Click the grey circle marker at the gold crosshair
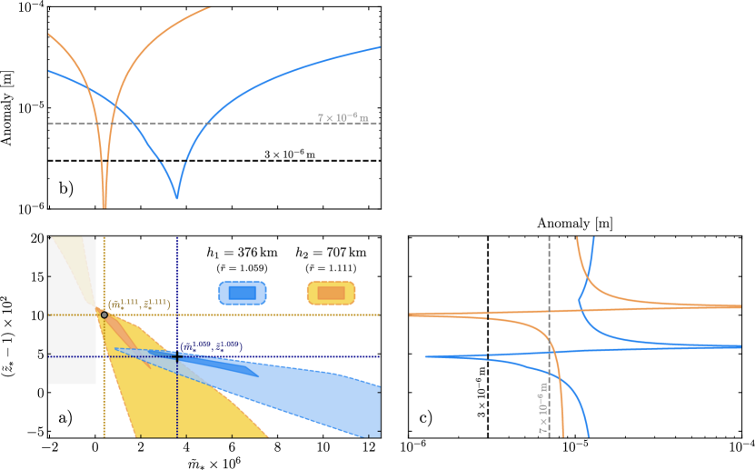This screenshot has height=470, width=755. coord(104,315)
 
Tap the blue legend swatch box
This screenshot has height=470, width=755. coord(243,293)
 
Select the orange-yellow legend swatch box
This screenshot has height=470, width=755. coord(331,293)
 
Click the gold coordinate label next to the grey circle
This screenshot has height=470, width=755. coord(139,304)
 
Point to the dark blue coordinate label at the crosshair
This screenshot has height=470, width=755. coord(211,346)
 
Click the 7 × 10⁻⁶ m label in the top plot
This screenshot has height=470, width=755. coord(343,117)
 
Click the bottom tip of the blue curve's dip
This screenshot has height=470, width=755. coord(177,196)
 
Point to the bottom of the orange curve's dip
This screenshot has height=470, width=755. coord(104,205)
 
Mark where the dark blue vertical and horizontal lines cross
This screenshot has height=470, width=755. coord(177,356)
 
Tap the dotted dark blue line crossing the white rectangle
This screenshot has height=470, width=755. coord(72,356)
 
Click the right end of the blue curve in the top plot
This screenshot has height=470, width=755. coord(378,47)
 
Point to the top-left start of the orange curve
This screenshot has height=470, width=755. coord(49,35)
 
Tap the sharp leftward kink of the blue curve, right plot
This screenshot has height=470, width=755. coord(579,299)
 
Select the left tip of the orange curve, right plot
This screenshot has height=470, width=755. coord(411,315)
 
